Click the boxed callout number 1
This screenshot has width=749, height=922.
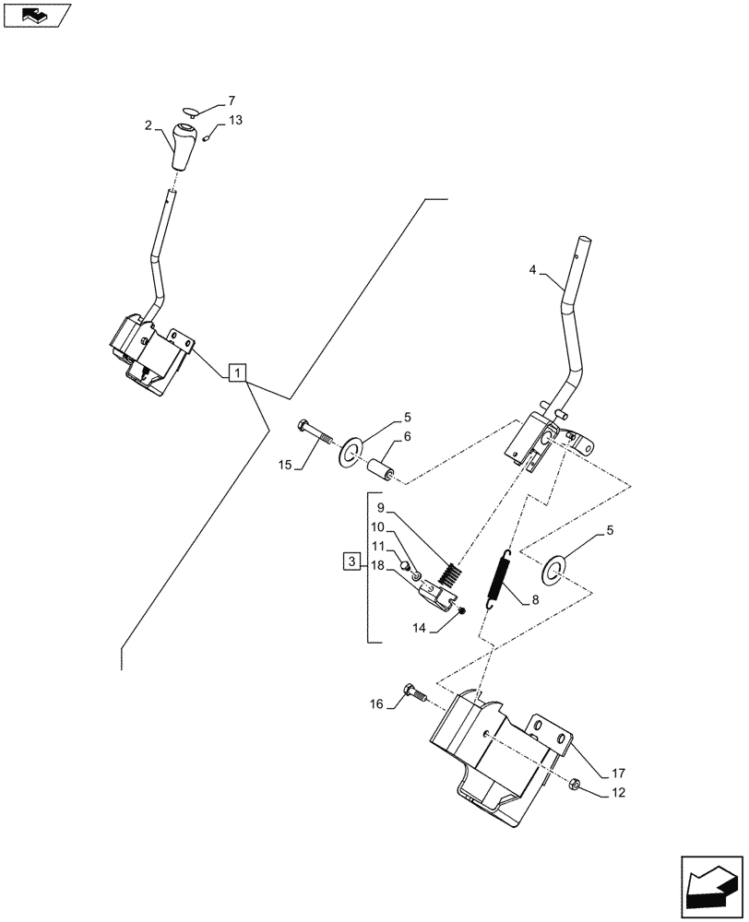238,372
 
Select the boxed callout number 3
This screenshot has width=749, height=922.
351,561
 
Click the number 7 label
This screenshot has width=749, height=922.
232,100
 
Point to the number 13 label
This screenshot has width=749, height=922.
236,122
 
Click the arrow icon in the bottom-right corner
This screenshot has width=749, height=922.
710,884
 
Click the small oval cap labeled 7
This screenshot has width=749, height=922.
189,114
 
